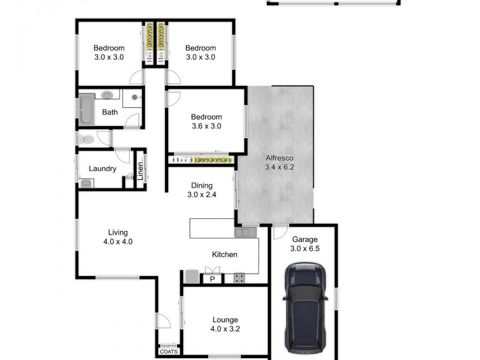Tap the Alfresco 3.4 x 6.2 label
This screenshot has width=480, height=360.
pos(280,163)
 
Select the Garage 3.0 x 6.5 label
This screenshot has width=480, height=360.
pos(304,244)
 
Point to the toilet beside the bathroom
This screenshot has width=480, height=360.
pos(85,139)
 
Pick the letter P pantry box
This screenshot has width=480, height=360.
pos(212,279)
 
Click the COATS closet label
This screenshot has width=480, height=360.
pos(169,352)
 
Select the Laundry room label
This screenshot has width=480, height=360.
pos(102,169)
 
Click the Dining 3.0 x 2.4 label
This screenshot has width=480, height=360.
pos(202,190)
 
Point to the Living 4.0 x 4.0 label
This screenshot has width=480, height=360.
pos(118,237)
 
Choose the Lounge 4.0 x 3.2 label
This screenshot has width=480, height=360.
pos(224,324)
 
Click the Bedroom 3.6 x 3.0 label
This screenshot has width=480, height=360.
pos(206,122)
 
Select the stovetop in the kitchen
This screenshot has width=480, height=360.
pos(239,278)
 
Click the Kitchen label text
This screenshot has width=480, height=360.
pos(224,254)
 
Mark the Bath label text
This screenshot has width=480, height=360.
pos(110,112)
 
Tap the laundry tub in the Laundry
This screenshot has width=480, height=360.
pos(86,184)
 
